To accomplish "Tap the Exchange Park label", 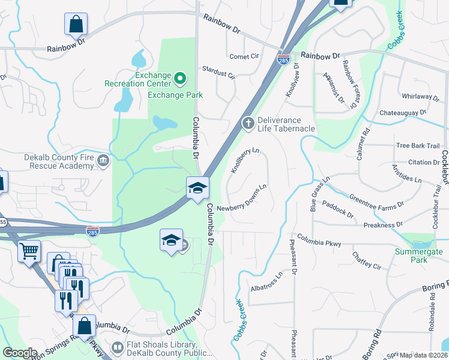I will pos(175,95).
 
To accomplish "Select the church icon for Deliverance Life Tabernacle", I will pos(247,123).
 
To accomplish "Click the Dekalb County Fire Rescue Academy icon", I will pos(103,160).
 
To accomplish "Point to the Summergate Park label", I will pos(418,256).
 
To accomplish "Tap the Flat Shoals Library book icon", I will pos(118,347).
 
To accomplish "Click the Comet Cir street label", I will pos(244,56).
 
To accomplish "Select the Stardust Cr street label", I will pos(218,76).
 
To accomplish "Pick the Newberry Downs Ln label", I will pos(241,207).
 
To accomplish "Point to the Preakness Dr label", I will pos(382,225).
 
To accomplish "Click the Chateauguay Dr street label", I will pos(402,112).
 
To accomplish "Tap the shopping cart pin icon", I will pos(29,251).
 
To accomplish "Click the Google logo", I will pos(20,353).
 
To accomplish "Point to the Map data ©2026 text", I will pos(423,355).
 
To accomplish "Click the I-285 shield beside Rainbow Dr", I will pos(283,59).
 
